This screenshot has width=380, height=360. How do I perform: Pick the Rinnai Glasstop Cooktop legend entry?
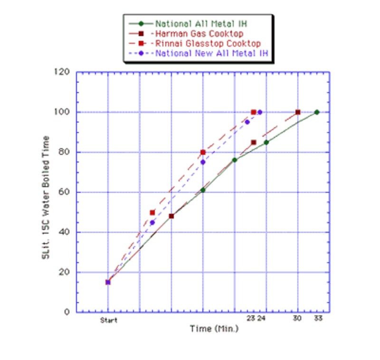[205, 44]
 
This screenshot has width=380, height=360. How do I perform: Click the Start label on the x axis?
[108, 320]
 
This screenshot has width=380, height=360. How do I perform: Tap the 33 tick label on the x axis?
[318, 319]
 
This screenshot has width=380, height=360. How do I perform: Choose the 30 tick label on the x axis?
[298, 319]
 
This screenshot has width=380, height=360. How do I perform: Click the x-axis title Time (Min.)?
[214, 329]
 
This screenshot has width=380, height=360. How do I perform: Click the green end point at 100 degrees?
[317, 112]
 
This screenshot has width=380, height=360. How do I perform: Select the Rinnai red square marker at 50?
[152, 212]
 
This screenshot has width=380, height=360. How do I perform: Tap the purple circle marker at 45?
[152, 222]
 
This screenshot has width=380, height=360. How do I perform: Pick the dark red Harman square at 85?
[254, 142]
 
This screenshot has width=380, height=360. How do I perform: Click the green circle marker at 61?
[203, 190]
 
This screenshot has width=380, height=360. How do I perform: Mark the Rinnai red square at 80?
[203, 152]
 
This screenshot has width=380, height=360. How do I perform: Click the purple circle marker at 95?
[247, 122]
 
